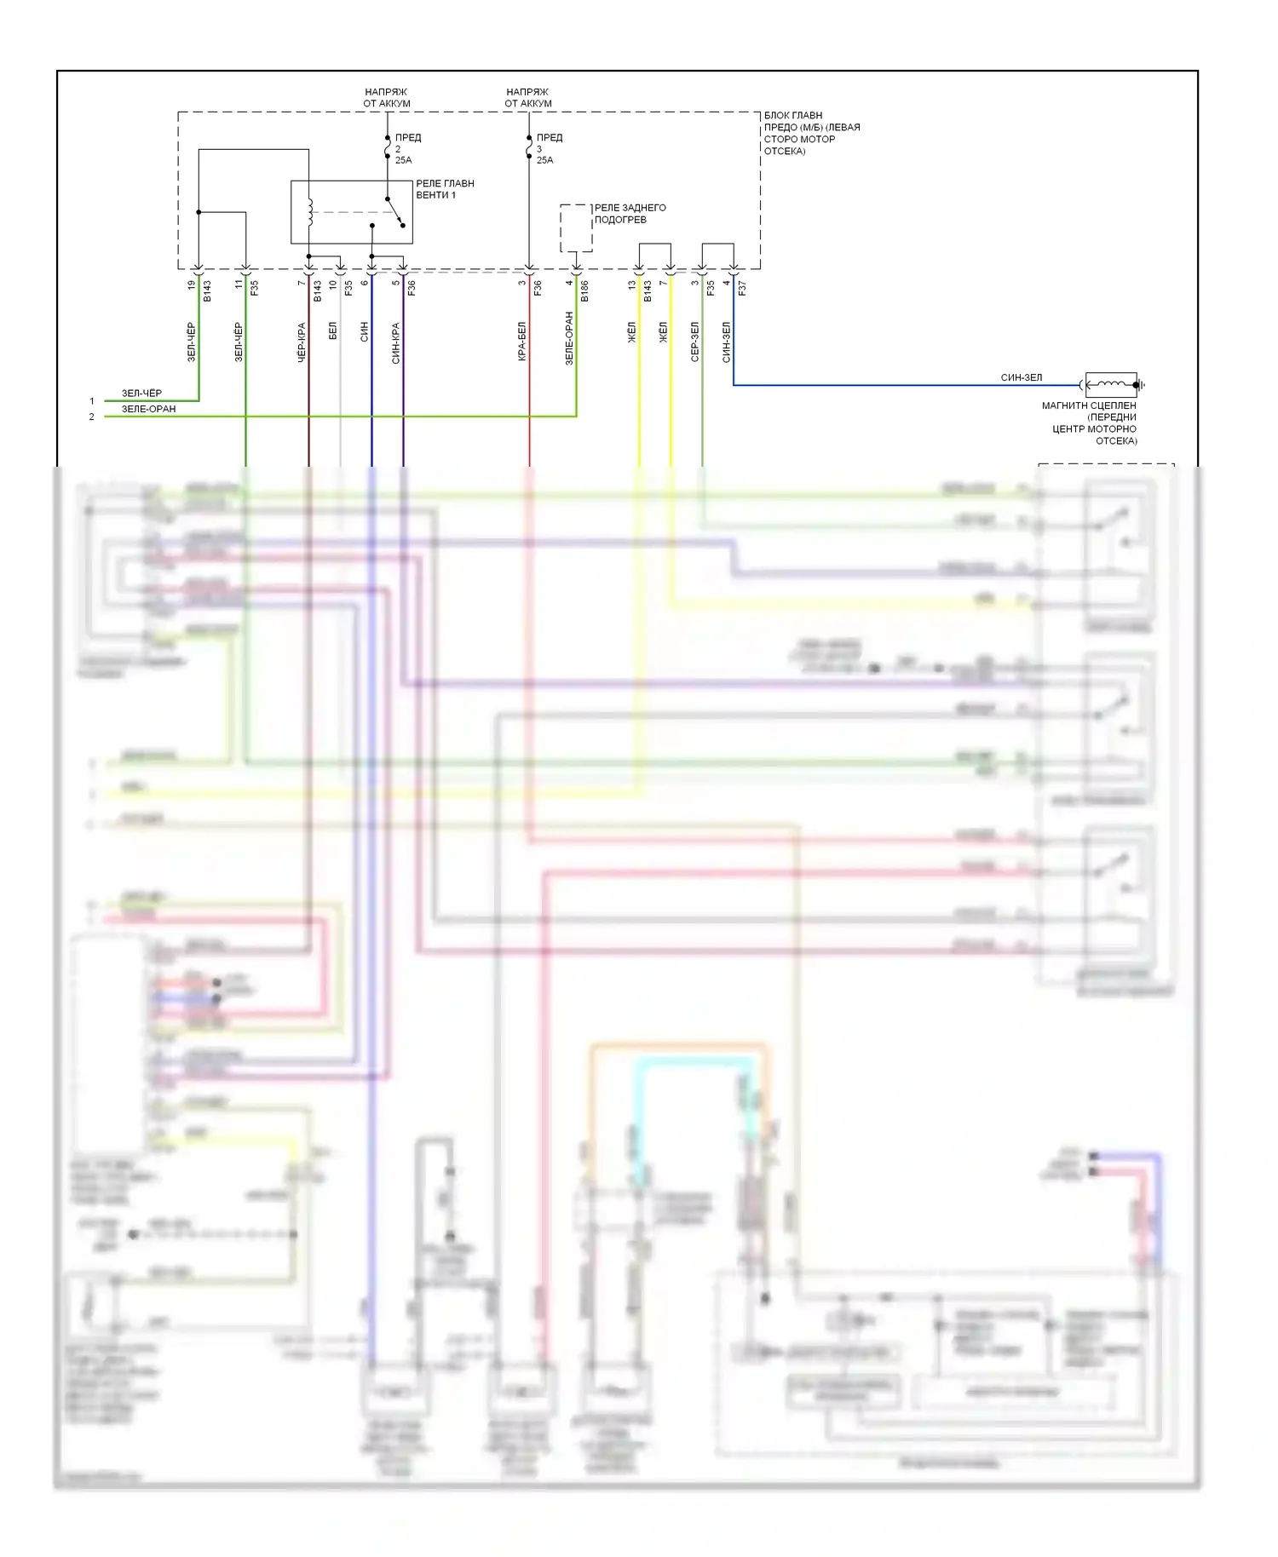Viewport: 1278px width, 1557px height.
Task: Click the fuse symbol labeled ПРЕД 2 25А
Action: [388, 149]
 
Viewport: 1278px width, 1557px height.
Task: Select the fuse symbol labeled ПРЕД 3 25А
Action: [529, 149]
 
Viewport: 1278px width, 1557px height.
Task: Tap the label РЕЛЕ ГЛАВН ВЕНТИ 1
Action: [445, 189]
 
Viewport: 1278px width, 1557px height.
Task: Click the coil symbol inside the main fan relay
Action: [310, 212]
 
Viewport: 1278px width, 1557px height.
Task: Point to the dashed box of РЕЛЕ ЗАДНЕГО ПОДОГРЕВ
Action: [576, 228]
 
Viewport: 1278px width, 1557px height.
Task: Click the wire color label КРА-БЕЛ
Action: [521, 342]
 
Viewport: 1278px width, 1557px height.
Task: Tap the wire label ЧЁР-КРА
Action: [302, 342]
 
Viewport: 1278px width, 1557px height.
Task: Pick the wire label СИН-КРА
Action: [396, 342]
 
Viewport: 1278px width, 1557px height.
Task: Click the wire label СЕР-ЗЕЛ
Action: [695, 342]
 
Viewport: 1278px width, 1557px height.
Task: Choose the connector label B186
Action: [584, 291]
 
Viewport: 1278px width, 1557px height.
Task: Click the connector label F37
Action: [742, 289]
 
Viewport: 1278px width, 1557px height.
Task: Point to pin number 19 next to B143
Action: [191, 284]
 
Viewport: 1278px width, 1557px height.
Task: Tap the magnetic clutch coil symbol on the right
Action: [1111, 385]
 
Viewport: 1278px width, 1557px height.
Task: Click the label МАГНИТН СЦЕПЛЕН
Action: [1089, 405]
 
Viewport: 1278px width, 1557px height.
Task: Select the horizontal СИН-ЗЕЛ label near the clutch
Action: [1021, 377]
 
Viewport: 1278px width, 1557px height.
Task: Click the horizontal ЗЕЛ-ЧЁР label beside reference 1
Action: [141, 394]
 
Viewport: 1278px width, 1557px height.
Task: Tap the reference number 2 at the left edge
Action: [92, 417]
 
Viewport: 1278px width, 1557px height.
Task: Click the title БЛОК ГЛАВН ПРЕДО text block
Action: [811, 133]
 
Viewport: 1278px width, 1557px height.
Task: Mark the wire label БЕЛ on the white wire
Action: [333, 330]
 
